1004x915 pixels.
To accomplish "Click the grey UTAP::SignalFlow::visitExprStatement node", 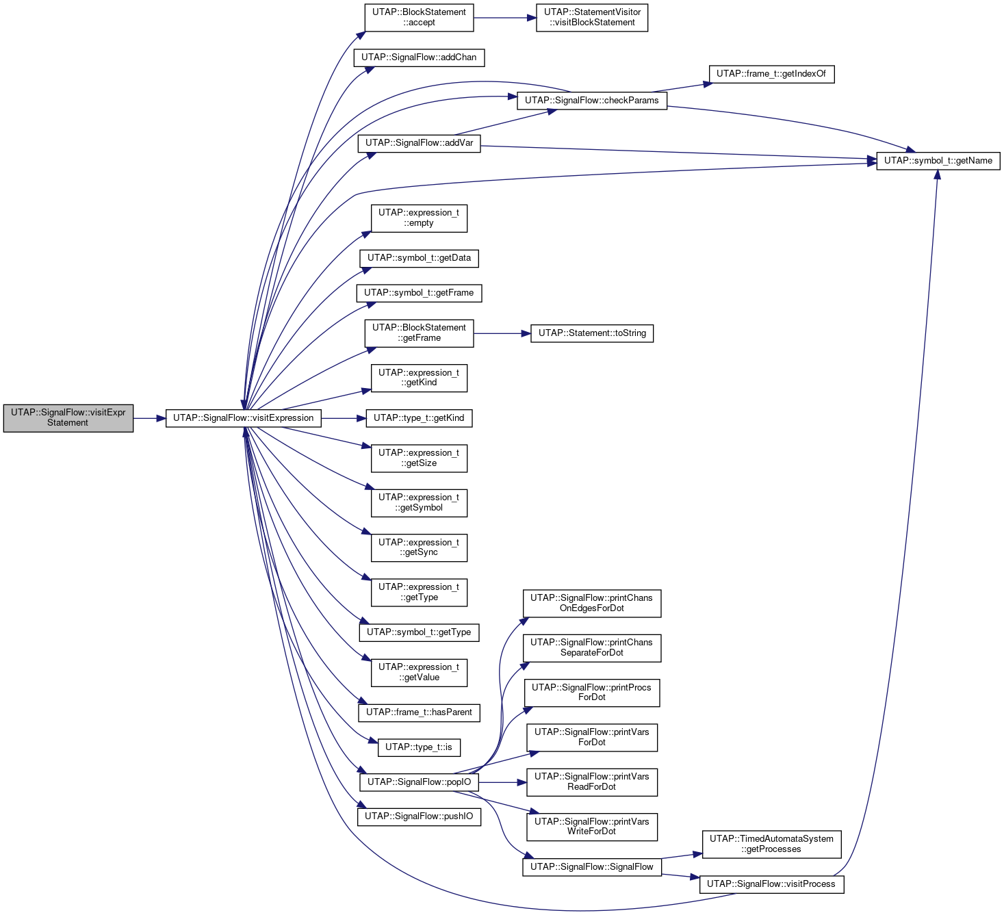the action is [68, 418].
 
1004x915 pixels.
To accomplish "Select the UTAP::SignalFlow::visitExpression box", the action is [243, 418].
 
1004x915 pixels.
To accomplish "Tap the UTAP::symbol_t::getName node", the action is [938, 161].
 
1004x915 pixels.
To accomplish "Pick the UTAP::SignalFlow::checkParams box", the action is [591, 101].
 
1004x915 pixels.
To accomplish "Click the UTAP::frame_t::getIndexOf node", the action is [771, 74].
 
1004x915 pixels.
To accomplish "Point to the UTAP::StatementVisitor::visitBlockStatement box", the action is [591, 18].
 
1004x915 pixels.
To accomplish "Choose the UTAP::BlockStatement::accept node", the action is [419, 18].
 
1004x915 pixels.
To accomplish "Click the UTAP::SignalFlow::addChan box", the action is [419, 57].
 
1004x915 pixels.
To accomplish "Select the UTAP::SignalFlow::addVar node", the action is [419, 143].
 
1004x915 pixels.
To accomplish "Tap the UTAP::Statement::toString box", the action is [591, 333].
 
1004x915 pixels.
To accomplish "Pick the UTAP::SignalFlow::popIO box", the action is [419, 782].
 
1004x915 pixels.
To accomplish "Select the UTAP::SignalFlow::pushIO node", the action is [419, 816].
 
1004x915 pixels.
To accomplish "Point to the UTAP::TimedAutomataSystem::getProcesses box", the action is [771, 844].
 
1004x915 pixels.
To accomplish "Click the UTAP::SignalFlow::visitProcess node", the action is [771, 884].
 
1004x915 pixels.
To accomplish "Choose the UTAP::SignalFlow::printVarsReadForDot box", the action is [591, 782].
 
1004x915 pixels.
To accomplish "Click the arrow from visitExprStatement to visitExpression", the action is [150, 418].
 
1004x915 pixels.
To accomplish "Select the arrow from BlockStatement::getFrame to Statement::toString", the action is [502, 333].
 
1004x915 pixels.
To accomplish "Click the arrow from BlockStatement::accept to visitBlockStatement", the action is [504, 18].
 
